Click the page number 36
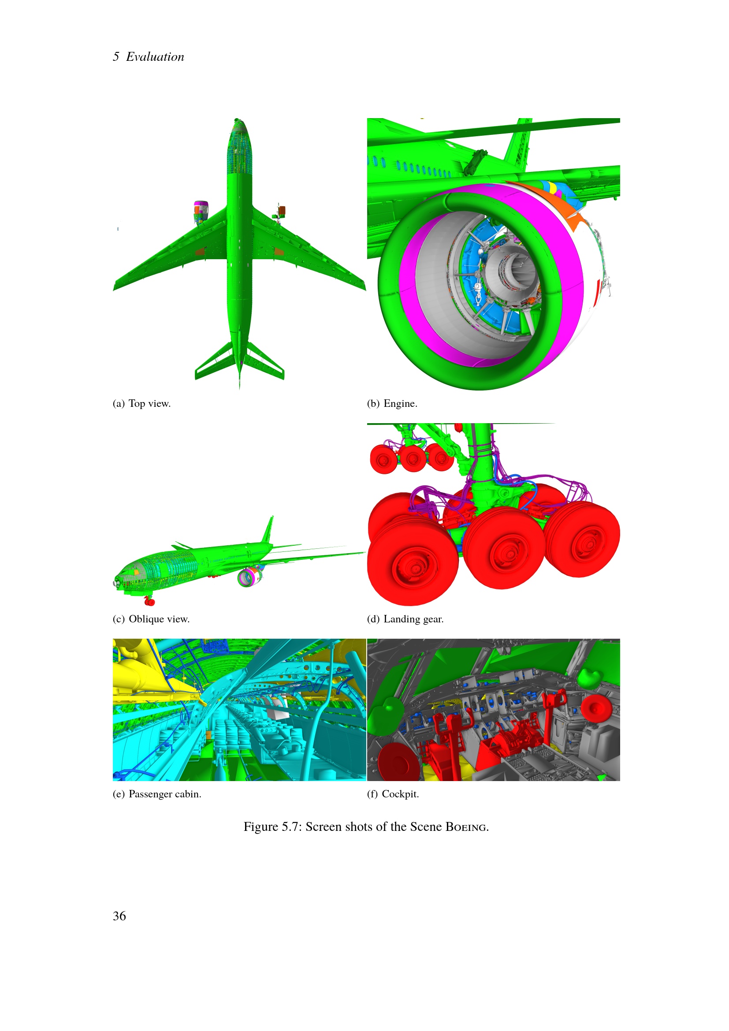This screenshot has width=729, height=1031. click(x=119, y=916)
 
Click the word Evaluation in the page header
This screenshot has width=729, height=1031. click(x=155, y=56)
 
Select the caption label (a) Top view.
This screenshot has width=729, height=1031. click(x=141, y=403)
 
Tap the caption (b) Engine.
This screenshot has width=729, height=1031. click(x=392, y=403)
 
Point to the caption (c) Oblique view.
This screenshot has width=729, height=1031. click(x=151, y=619)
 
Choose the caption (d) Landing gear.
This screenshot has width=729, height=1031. click(x=405, y=619)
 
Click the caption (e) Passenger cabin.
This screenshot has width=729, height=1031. click(x=157, y=794)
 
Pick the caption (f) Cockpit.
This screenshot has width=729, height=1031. click(x=393, y=794)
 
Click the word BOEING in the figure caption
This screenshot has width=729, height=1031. click(x=467, y=826)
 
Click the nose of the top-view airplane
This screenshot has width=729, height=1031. click(x=238, y=120)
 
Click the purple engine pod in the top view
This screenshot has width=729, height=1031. click(x=201, y=212)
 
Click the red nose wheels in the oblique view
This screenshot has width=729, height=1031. click(x=149, y=601)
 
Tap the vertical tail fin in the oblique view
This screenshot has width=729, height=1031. click(x=268, y=530)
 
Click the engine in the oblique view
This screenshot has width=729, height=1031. click(x=249, y=577)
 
